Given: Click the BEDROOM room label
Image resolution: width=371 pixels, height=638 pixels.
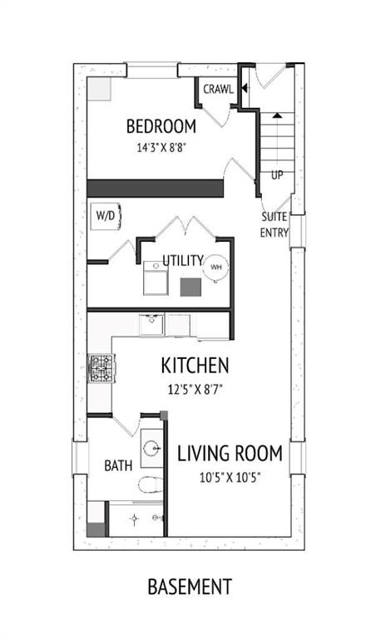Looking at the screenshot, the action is click(x=161, y=126).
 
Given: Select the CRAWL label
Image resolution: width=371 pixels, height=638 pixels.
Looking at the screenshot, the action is click(x=218, y=89).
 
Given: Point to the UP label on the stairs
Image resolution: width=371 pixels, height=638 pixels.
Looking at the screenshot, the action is click(x=277, y=175).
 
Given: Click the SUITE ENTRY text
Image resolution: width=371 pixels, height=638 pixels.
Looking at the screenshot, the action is click(x=275, y=224).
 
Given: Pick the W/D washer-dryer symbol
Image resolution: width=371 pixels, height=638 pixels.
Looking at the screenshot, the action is click(x=106, y=216).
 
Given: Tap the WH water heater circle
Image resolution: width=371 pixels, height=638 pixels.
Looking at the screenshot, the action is click(x=215, y=267).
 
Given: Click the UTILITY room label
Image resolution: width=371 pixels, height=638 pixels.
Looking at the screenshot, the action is click(x=183, y=260).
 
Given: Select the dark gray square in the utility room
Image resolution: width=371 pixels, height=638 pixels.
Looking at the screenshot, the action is click(x=190, y=287).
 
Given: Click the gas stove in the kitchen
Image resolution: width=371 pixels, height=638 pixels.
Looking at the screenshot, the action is click(x=101, y=368).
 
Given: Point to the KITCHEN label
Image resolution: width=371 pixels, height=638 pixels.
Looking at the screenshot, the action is click(x=195, y=366).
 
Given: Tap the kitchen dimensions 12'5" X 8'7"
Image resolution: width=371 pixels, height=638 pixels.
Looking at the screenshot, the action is click(x=196, y=390).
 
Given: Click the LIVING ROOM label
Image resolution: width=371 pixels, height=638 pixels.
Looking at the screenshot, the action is click(x=230, y=454).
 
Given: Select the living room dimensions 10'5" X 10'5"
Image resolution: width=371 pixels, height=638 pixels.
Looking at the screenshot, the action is click(x=230, y=478).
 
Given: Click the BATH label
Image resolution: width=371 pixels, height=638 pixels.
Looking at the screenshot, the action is click(x=118, y=465).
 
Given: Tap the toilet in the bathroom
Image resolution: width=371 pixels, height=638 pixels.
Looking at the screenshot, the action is click(x=151, y=484).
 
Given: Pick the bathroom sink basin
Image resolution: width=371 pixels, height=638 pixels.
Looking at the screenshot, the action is click(x=152, y=449).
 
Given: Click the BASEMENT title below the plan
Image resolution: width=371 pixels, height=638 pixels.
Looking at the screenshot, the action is click(x=190, y=586).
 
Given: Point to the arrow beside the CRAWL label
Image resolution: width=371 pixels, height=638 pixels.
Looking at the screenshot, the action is click(x=244, y=87).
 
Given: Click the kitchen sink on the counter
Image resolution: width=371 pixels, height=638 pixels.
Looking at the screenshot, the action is click(x=151, y=325).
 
